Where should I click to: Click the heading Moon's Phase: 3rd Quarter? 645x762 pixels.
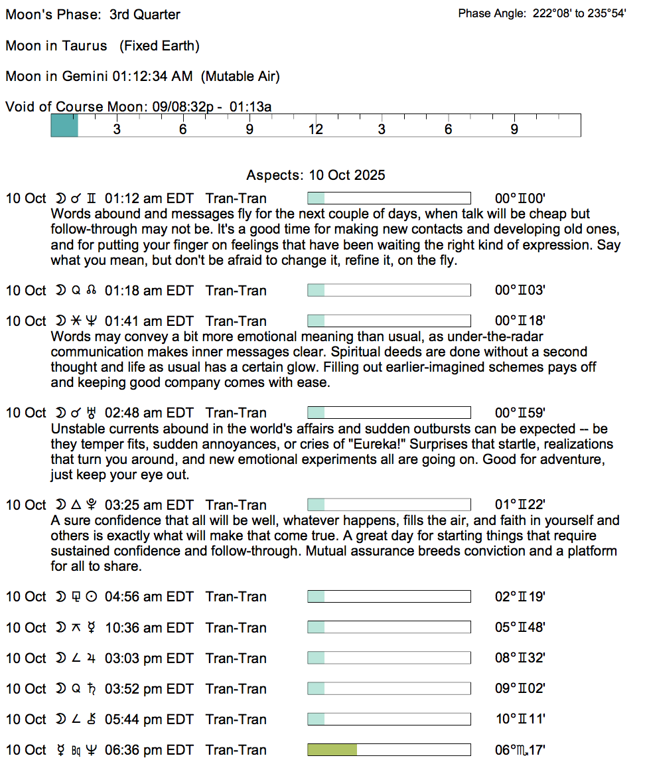[x=93, y=15]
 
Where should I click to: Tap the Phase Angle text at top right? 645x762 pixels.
[x=541, y=14]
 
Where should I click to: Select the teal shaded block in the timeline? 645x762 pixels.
[x=64, y=125]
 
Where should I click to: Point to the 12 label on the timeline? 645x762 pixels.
[x=315, y=129]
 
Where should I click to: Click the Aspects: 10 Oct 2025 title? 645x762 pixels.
[x=315, y=176]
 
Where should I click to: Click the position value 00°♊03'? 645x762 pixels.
[x=520, y=291]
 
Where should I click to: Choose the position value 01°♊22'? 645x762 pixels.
[x=520, y=505]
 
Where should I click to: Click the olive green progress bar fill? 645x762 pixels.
[x=332, y=750]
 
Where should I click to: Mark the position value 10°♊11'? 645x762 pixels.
[x=520, y=720]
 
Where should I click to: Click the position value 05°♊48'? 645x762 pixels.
[x=520, y=628]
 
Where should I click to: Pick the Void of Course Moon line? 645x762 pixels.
[x=138, y=107]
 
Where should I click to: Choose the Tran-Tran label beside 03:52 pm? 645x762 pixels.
[x=236, y=689]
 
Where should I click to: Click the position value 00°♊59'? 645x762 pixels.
[x=520, y=413]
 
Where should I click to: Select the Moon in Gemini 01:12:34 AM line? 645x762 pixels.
[x=142, y=76]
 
